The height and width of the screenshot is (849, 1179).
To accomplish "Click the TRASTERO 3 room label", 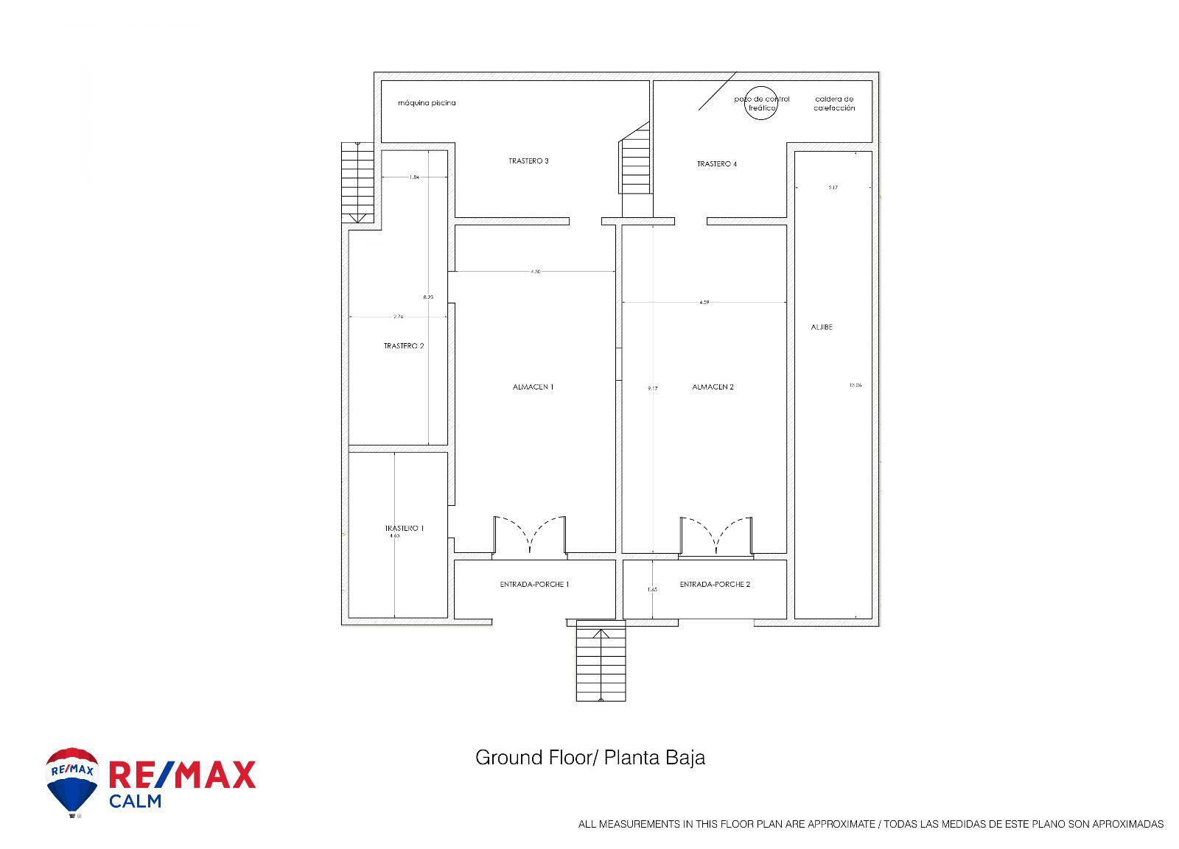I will point(528,161).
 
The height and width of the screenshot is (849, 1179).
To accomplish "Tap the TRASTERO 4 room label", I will point(716,163).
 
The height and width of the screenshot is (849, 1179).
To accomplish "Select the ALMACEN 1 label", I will point(533,387).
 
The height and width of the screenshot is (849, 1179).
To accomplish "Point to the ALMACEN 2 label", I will point(713,387).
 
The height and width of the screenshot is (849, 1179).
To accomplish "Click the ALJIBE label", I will point(822,327).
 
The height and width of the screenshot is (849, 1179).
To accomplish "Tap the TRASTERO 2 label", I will point(404,345).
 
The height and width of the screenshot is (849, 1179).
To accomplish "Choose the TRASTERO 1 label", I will point(404,528).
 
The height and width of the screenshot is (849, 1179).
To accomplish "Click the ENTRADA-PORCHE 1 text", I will point(534,584).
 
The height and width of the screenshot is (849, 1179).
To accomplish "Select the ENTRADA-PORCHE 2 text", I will point(715,584).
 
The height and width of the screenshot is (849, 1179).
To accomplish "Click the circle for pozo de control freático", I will point(761,104).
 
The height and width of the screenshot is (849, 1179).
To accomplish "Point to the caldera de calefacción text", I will point(834,103).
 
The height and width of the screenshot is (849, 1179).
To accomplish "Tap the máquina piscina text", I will point(427,103).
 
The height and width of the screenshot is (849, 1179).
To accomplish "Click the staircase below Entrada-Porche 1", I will point(601,661).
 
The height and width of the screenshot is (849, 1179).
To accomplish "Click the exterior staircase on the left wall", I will point(358,181).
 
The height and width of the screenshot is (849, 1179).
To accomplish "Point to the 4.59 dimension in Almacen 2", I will point(704,302).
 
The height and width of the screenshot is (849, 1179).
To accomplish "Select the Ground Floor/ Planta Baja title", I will point(589,757).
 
